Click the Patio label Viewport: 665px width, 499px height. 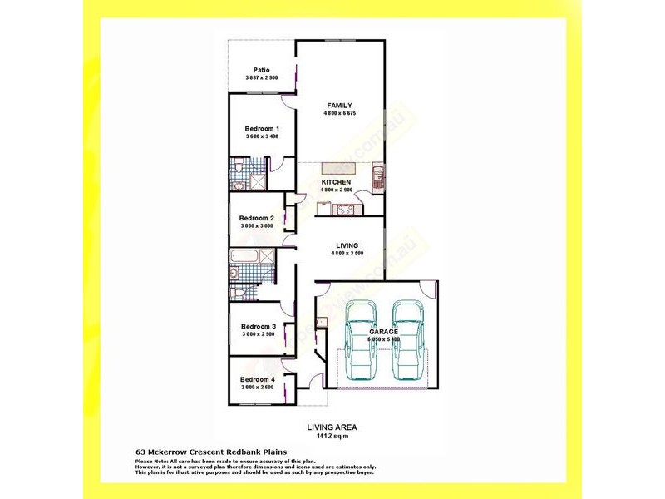coord(261,70)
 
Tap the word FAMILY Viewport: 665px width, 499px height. coord(339,105)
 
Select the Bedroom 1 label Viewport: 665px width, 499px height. coord(261,129)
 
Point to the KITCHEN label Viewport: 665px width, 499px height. coord(337,182)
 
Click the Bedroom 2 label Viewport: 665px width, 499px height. coord(257,218)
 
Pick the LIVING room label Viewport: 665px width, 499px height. coord(347,246)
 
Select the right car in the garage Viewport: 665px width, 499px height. coord(407,338)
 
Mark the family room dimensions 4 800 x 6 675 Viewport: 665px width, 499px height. coord(339,114)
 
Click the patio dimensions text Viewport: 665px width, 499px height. coord(261,77)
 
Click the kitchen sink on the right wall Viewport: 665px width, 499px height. coord(379,175)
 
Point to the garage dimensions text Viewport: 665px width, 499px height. coord(383,339)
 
